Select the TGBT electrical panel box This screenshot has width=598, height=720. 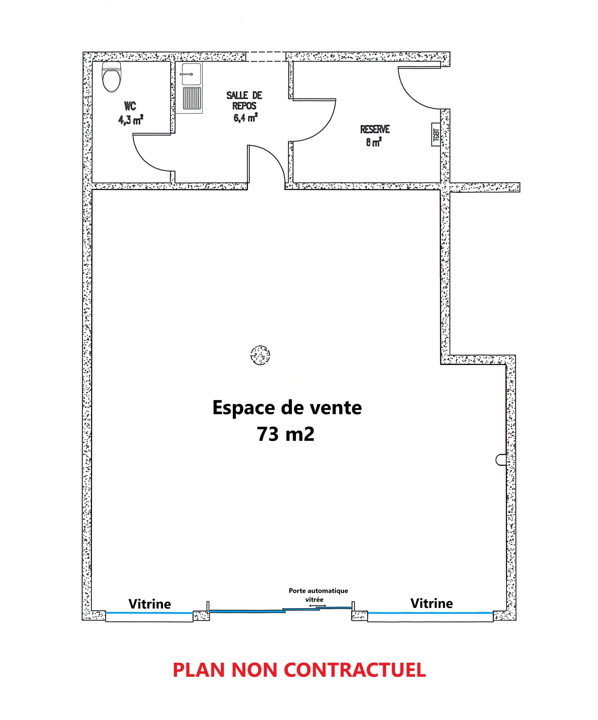(435, 134)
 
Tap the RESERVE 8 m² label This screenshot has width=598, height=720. (374, 136)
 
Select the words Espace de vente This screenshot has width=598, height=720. (287, 408)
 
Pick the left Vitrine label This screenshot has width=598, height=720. (149, 604)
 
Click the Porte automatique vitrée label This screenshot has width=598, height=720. (318, 595)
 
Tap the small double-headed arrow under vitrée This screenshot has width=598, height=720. (317, 606)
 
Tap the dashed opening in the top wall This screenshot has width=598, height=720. (266, 57)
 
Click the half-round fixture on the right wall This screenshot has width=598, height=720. (500, 460)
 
